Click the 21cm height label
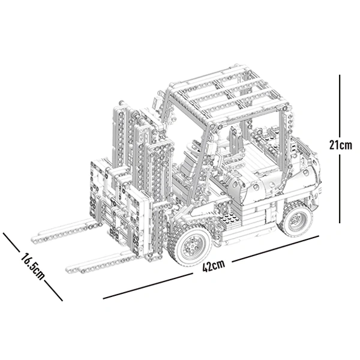(x=341, y=145)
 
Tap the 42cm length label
(x=213, y=266)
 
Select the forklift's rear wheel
(x=296, y=219)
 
